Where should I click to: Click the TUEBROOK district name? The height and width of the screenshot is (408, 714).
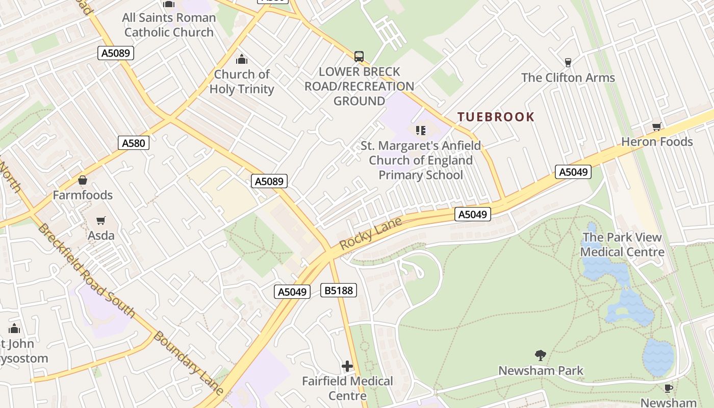tap(496, 117)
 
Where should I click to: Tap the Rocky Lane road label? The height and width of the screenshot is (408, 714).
tap(371, 234)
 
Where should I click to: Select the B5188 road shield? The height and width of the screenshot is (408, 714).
tap(339, 291)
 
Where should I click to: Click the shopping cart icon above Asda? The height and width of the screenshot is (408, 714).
tap(101, 221)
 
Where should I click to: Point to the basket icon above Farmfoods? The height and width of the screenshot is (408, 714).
tap(82, 180)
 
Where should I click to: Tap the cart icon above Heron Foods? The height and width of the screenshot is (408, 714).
tap(656, 126)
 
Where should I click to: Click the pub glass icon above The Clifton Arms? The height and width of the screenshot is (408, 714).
tap(568, 63)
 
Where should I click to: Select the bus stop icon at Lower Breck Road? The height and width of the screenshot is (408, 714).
tap(359, 56)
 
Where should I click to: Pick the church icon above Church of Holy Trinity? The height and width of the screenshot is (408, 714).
tap(242, 59)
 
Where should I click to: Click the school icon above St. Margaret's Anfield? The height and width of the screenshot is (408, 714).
tap(421, 131)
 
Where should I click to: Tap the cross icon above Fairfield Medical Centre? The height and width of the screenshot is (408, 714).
tap(347, 366)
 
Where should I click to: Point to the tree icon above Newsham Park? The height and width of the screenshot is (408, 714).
tap(540, 355)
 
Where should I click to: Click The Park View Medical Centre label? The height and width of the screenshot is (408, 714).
tap(622, 244)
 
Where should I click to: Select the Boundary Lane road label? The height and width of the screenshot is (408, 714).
tap(188, 363)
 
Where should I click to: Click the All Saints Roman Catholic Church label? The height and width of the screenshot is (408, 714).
tap(169, 25)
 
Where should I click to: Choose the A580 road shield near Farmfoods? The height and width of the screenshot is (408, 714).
tap(134, 143)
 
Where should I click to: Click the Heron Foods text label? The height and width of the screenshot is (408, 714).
tap(657, 142)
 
